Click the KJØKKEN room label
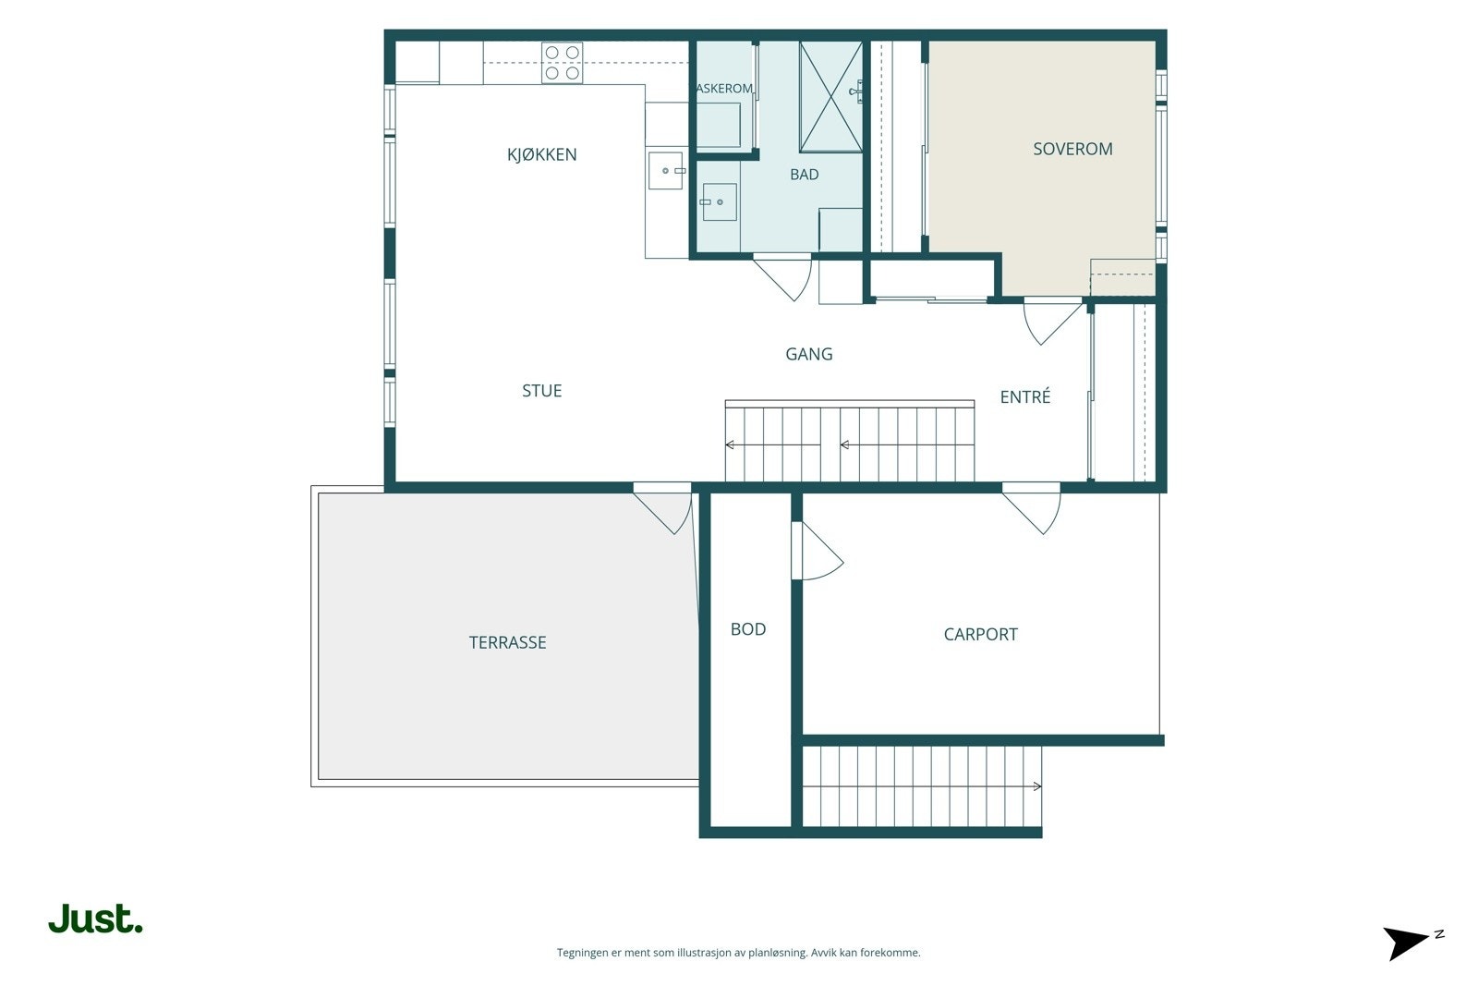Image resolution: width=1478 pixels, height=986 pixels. coord(541,154)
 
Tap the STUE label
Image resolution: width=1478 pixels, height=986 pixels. coord(541,391)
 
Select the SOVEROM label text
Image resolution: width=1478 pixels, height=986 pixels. coord(1072,149)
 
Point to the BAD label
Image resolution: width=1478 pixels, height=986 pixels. coord(805,175)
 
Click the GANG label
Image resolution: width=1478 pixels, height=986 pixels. coord(809,355)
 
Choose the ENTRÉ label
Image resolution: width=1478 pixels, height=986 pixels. coord(1024,396)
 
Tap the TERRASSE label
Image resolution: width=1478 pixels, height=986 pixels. coord(507,643)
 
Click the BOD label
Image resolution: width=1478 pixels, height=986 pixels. coord(748,629)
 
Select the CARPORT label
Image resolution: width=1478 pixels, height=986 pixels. coord(980,634)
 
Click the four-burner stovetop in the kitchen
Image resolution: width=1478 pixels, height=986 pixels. coord(563,63)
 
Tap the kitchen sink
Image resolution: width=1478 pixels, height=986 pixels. coord(666,171)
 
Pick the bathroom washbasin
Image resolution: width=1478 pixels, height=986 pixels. coord(719,202)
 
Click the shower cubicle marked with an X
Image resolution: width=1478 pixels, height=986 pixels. coord(830,97)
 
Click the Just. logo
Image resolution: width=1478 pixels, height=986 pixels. coord(96,919)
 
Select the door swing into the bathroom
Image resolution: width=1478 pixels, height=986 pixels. coord(782,277)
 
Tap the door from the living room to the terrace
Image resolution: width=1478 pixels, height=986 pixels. coord(662,508)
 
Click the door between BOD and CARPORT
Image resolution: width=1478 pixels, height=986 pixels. coord(817,551)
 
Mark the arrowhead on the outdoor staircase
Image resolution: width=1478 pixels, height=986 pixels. coord(1037,786)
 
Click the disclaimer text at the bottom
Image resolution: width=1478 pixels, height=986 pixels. coord(738,953)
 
